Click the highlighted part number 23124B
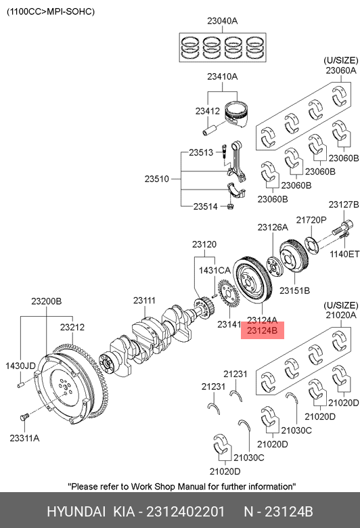coord(262,330)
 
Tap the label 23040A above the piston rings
coord(222,21)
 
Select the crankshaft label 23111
coord(144,300)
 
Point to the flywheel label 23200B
coord(47,301)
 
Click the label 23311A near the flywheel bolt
coord(24,438)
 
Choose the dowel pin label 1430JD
coord(20,366)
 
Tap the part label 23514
coord(206,206)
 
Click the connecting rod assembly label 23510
coord(156,179)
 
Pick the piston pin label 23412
coord(208,111)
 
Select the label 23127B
coord(344,204)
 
